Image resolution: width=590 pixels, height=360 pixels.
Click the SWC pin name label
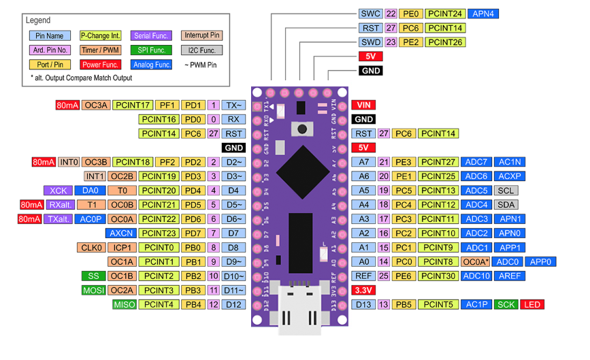(x=371, y=14)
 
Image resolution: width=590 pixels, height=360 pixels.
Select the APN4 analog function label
(x=485, y=14)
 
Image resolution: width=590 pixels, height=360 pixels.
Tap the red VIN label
(x=363, y=105)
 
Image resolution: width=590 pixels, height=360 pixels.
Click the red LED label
(x=531, y=304)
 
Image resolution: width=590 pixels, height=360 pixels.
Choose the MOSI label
(x=93, y=290)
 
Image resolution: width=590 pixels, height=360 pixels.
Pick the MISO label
(x=125, y=304)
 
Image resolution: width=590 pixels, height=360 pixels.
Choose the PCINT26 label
(x=446, y=42)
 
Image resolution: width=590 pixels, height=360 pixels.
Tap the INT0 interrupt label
(x=69, y=162)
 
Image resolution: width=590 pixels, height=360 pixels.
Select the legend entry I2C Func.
(x=201, y=50)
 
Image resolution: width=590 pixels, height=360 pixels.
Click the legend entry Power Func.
(x=101, y=65)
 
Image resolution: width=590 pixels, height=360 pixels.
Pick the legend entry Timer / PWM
(x=101, y=50)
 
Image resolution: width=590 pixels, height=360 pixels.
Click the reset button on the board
(x=299, y=128)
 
